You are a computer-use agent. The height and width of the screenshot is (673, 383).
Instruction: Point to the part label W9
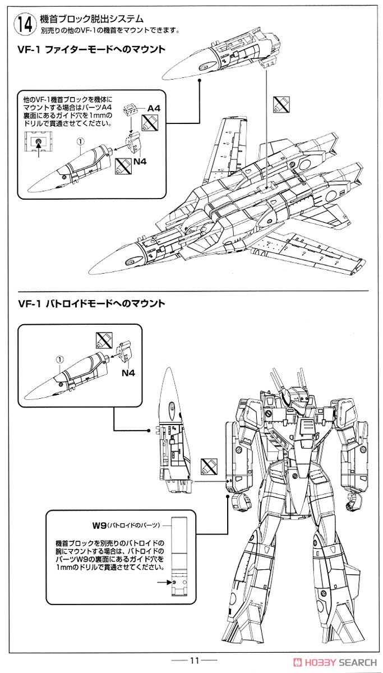click(x=99, y=525)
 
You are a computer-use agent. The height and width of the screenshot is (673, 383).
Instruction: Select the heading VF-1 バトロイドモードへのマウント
click(x=91, y=303)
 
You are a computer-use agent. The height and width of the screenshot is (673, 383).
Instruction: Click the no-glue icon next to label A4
click(x=148, y=122)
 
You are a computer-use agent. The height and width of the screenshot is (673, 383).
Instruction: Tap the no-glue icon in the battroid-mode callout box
click(x=104, y=340)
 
